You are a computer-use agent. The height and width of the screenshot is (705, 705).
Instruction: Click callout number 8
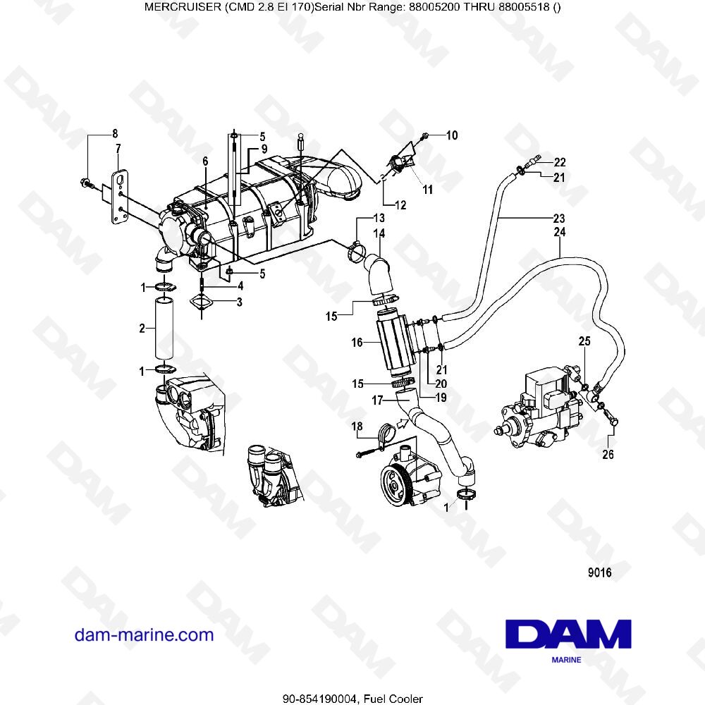[115, 134]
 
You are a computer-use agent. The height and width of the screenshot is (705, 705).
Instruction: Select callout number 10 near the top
[451, 135]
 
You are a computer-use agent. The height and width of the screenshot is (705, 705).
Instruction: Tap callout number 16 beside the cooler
[357, 343]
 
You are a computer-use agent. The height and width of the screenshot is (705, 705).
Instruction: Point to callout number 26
[608, 455]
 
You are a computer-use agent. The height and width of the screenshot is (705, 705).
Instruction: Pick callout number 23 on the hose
[559, 218]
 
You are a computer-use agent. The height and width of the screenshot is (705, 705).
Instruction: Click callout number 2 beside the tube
[142, 328]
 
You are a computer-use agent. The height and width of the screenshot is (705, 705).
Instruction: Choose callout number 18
[357, 427]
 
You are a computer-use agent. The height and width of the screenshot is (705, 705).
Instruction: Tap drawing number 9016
[599, 573]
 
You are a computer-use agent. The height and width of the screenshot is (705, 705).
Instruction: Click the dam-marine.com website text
[144, 634]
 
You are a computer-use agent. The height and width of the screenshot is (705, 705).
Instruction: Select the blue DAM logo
[569, 634]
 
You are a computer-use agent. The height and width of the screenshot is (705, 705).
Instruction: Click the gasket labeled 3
[202, 304]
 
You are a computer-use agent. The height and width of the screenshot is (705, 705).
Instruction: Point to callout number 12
[400, 206]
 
